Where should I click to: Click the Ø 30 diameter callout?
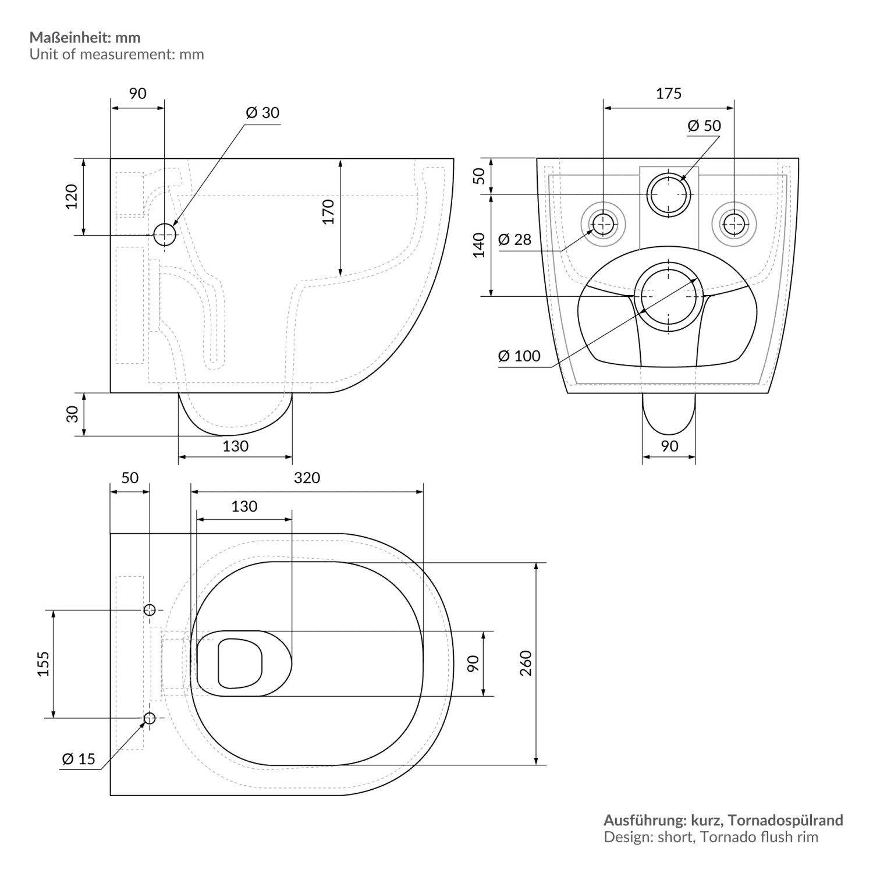(x=262, y=112)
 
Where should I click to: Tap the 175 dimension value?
(x=668, y=93)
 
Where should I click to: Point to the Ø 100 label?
(x=519, y=356)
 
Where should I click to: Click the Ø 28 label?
(x=515, y=239)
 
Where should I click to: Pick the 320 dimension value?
(x=307, y=478)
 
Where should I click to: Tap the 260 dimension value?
(x=526, y=663)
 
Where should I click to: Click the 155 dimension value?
(x=44, y=663)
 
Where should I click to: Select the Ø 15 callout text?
(x=78, y=759)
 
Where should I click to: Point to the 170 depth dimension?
(x=329, y=212)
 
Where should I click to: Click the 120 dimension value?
(x=71, y=197)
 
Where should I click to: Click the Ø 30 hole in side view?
(x=165, y=235)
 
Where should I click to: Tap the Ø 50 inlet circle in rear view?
(x=669, y=194)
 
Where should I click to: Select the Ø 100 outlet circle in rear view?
(x=668, y=296)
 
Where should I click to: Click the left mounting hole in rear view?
(x=604, y=222)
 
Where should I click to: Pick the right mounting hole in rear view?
(x=734, y=222)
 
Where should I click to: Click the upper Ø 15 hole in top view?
(x=150, y=610)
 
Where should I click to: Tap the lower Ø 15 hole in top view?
(x=150, y=718)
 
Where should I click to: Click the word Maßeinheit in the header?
(x=72, y=38)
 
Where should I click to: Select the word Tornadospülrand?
(x=786, y=820)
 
